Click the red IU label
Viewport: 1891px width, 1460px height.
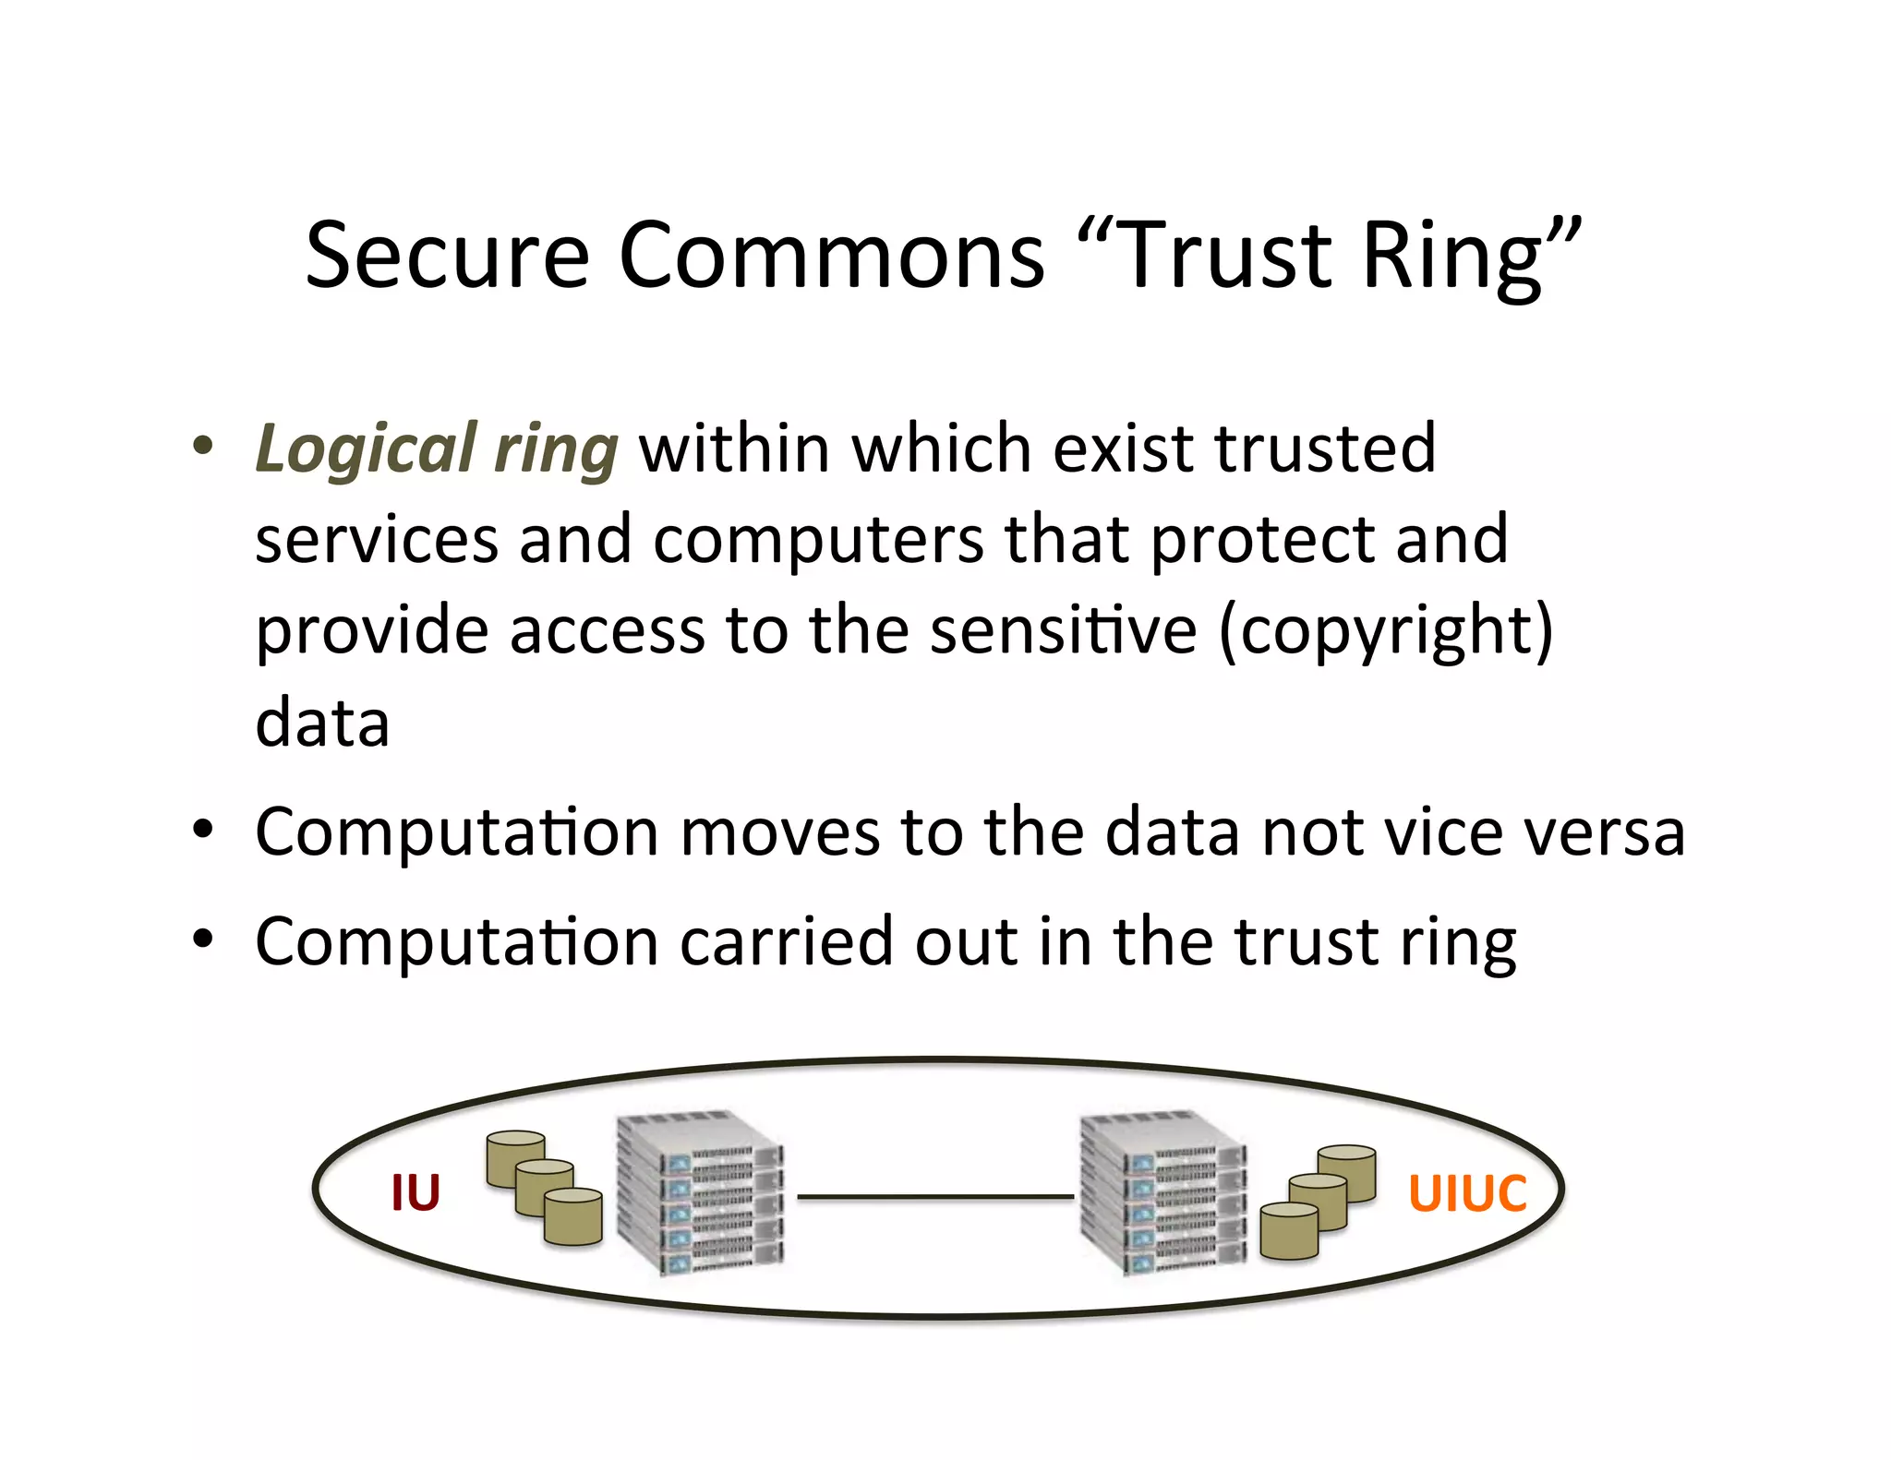(x=416, y=1192)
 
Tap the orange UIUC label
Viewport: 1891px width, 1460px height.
(x=1467, y=1193)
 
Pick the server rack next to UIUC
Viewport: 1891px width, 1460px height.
(x=1163, y=1193)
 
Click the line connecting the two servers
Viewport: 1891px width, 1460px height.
(x=934, y=1197)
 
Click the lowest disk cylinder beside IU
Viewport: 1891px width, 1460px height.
(x=573, y=1217)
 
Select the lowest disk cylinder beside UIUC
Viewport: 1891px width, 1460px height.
(x=1289, y=1231)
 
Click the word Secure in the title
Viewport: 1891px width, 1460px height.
(x=447, y=255)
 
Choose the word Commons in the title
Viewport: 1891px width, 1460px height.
(x=831, y=255)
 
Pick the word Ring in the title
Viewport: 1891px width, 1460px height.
(x=1452, y=257)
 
